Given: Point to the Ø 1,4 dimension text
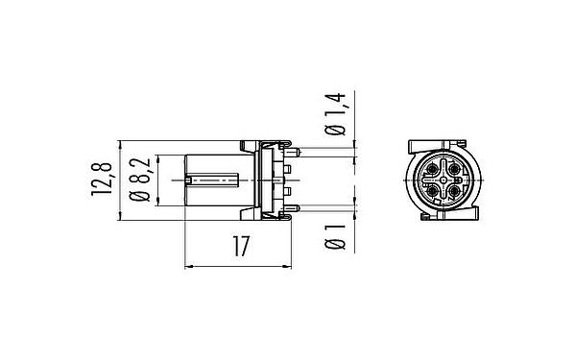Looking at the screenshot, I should click(336, 115).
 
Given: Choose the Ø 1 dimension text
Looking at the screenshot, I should click(336, 236).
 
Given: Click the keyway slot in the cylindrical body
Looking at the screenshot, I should click(213, 180).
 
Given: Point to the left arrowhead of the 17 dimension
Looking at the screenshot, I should click(188, 264).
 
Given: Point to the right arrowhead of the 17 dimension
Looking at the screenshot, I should click(289, 264).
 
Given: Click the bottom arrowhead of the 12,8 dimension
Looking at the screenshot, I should click(120, 217).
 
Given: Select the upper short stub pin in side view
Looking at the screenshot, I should click(288, 170).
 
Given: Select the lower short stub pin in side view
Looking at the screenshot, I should click(288, 192).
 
